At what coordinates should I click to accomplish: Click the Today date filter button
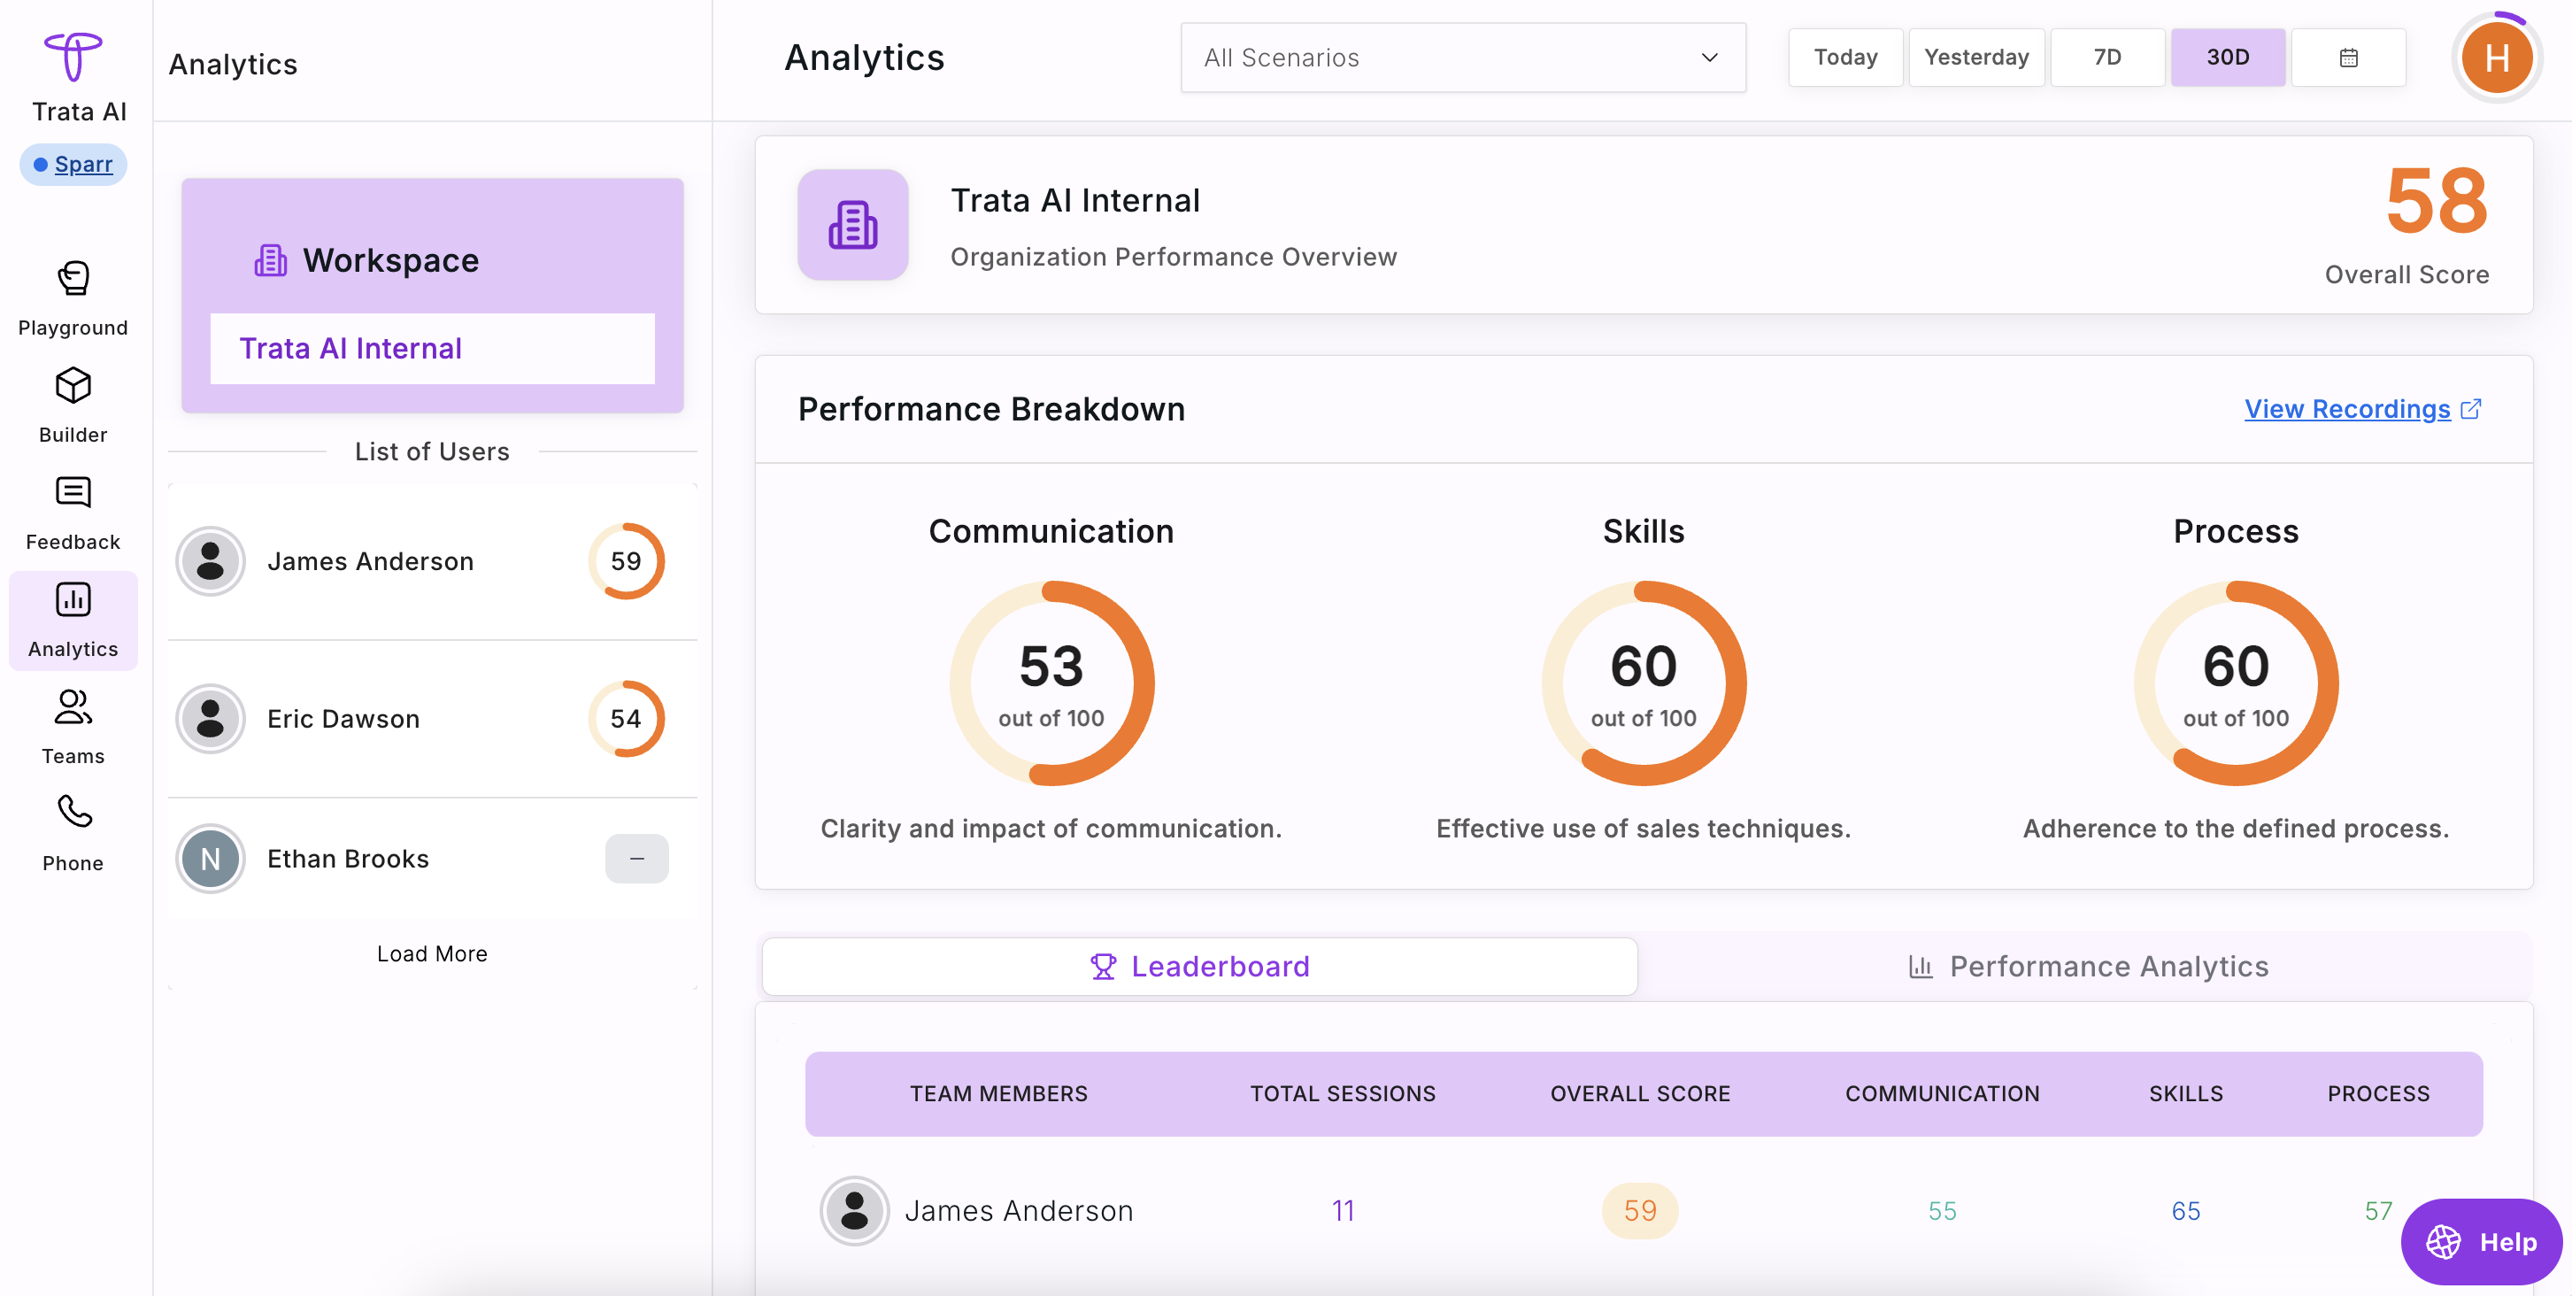[x=1845, y=58]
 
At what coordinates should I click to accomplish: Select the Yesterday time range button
[x=1976, y=58]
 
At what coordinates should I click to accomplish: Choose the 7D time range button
[x=2106, y=58]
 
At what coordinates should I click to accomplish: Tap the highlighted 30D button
[x=2228, y=58]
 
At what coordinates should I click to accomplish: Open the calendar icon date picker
[x=2348, y=58]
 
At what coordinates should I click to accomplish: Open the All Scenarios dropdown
[x=1463, y=58]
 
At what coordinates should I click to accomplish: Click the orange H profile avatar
[x=2496, y=58]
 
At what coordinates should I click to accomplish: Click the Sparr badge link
[x=73, y=164]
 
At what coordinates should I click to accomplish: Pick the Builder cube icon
[x=73, y=385]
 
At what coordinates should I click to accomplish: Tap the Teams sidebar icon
[x=73, y=708]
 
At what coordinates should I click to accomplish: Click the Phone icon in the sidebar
[x=73, y=812]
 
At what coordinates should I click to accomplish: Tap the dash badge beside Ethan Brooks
[x=637, y=859]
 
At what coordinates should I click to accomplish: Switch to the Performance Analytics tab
[x=2088, y=967]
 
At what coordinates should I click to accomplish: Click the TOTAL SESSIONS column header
[x=1343, y=1094]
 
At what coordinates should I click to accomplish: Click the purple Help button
[x=2481, y=1242]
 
